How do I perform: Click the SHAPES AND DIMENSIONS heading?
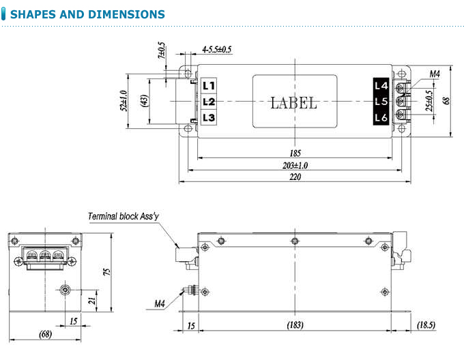pos(87,14)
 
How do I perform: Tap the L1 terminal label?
pos(209,85)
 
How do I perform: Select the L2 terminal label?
pos(209,102)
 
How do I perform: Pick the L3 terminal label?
pos(209,118)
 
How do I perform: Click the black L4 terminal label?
pos(381,85)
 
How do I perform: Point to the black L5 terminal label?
pos(381,102)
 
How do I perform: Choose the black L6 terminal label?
pos(381,118)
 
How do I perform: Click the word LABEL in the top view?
pos(293,103)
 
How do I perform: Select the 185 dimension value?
pos(295,153)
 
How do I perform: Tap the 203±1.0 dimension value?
pos(295,166)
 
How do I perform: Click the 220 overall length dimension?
pos(295,177)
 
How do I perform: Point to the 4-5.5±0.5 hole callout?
pos(217,50)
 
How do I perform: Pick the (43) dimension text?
pos(144,101)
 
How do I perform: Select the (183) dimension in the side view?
pos(295,326)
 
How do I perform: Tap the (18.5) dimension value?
pos(426,326)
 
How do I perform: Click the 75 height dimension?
pos(106,271)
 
